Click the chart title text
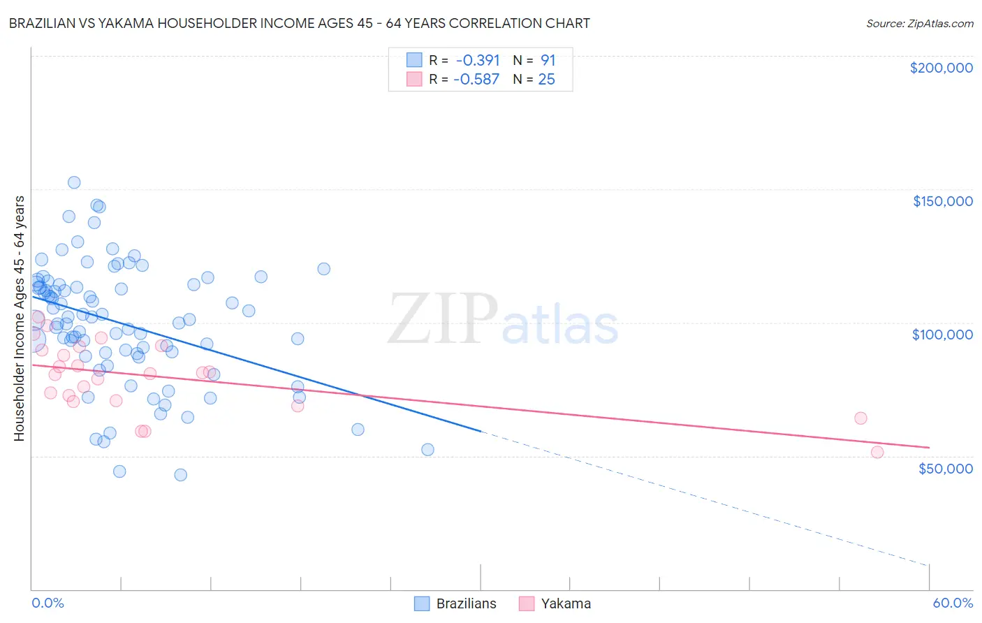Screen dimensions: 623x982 (299, 23)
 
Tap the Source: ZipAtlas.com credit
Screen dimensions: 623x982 (919, 23)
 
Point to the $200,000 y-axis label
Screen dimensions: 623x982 (941, 68)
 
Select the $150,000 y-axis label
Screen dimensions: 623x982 (942, 201)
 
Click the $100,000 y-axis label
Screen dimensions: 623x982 (942, 335)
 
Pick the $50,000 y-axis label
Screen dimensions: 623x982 (945, 468)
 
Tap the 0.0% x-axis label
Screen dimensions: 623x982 (47, 603)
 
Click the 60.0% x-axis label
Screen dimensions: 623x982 (952, 603)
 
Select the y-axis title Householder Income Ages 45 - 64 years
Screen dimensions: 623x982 (19, 318)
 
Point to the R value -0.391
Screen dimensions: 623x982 (478, 60)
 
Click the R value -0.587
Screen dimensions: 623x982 (476, 80)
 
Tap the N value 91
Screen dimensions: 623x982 (548, 60)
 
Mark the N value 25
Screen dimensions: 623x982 (546, 80)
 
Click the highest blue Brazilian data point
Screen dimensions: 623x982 (74, 182)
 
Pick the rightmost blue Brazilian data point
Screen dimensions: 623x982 (428, 450)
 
